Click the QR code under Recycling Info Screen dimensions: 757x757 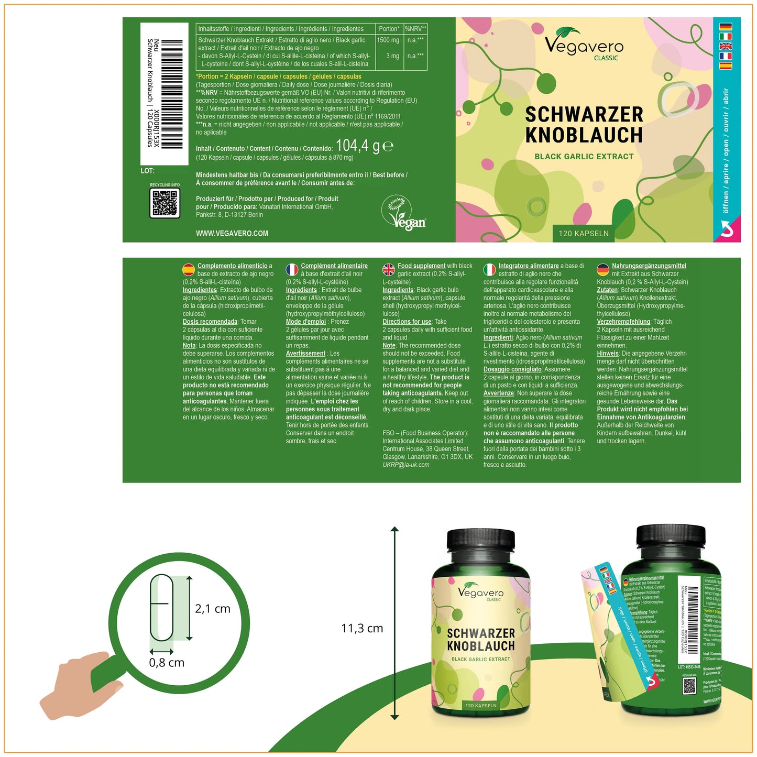[165, 203]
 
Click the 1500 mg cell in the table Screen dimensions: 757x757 [388, 40]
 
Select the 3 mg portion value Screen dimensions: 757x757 [392, 56]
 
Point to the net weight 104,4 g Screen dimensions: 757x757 [364, 146]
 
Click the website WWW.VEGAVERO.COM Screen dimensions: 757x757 [232, 234]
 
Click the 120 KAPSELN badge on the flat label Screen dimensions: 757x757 [584, 234]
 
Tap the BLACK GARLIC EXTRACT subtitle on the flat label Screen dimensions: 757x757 [584, 157]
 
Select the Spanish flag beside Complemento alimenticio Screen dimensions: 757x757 [188, 270]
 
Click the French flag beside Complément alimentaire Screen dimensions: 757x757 [292, 270]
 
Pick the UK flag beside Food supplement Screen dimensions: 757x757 [389, 270]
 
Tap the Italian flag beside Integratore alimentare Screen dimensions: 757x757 [489, 270]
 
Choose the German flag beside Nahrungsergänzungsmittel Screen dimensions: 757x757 [603, 270]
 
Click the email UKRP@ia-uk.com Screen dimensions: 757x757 [405, 465]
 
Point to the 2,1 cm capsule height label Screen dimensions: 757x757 [212, 609]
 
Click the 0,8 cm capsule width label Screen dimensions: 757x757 [167, 663]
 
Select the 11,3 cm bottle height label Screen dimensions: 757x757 [362, 628]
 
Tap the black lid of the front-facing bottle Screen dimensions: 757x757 [480, 546]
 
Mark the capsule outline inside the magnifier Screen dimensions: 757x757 [161, 608]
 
